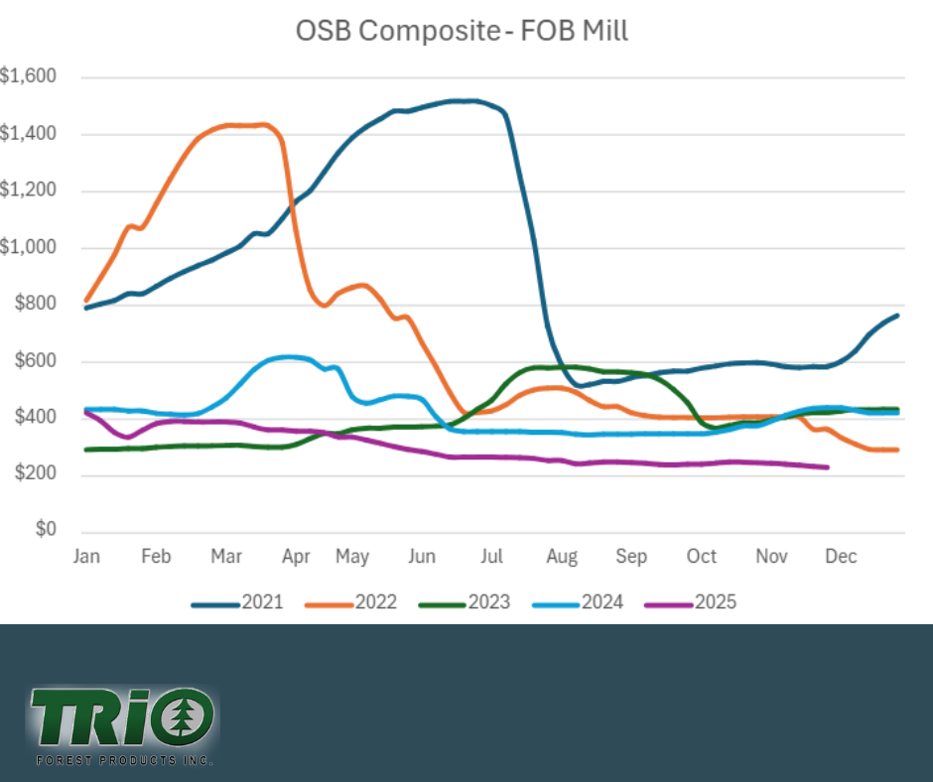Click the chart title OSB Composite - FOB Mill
[462, 31]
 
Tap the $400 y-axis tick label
[35, 418]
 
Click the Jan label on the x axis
[86, 557]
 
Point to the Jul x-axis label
[493, 557]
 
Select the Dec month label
[841, 557]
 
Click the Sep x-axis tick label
[631, 557]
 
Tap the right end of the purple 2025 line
[828, 467]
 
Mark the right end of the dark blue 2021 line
[898, 316]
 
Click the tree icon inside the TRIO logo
[191, 714]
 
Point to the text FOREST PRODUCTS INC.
[124, 760]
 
